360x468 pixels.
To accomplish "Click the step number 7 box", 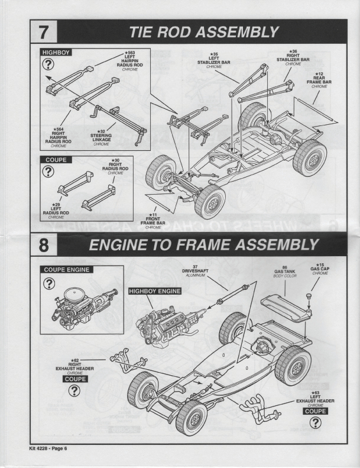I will (x=46, y=31).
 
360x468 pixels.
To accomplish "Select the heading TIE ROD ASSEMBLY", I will (x=203, y=31).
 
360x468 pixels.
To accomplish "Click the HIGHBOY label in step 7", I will (x=56, y=53).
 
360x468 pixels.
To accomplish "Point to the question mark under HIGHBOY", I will (x=48, y=66).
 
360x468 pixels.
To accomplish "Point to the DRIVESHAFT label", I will (x=196, y=273).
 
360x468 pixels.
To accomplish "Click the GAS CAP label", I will (x=319, y=270).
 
